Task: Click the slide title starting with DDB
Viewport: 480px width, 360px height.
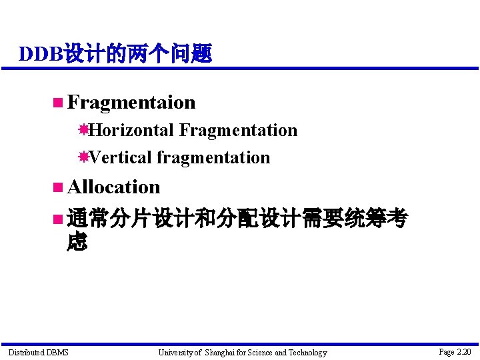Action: tap(115, 53)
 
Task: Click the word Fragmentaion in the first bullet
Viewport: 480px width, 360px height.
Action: tap(131, 103)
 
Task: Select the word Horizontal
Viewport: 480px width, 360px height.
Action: tap(133, 130)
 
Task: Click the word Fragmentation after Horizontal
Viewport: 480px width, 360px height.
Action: tap(238, 130)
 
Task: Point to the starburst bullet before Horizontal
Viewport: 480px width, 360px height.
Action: tap(83, 130)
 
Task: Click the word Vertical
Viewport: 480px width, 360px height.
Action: tap(121, 158)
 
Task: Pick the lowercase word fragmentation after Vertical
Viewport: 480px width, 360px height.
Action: tap(213, 158)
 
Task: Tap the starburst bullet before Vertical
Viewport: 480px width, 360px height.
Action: tap(83, 157)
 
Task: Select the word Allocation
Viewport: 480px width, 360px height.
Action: tap(113, 187)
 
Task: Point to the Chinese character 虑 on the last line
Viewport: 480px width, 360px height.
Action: tap(77, 242)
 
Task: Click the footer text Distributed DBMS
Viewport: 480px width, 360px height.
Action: tap(38, 352)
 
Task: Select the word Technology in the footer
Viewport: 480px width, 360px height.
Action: tap(307, 352)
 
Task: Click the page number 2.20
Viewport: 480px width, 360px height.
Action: tap(463, 351)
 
